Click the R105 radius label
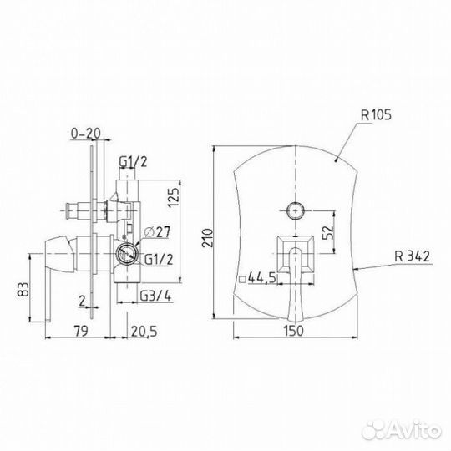point(376,115)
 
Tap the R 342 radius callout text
point(412,256)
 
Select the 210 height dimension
point(208,237)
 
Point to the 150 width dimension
point(294,331)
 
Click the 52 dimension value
point(328,232)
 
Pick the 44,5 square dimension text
point(261,278)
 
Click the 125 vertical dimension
point(173,198)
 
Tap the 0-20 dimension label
point(86,133)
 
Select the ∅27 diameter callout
point(157,232)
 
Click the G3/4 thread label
point(155,296)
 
